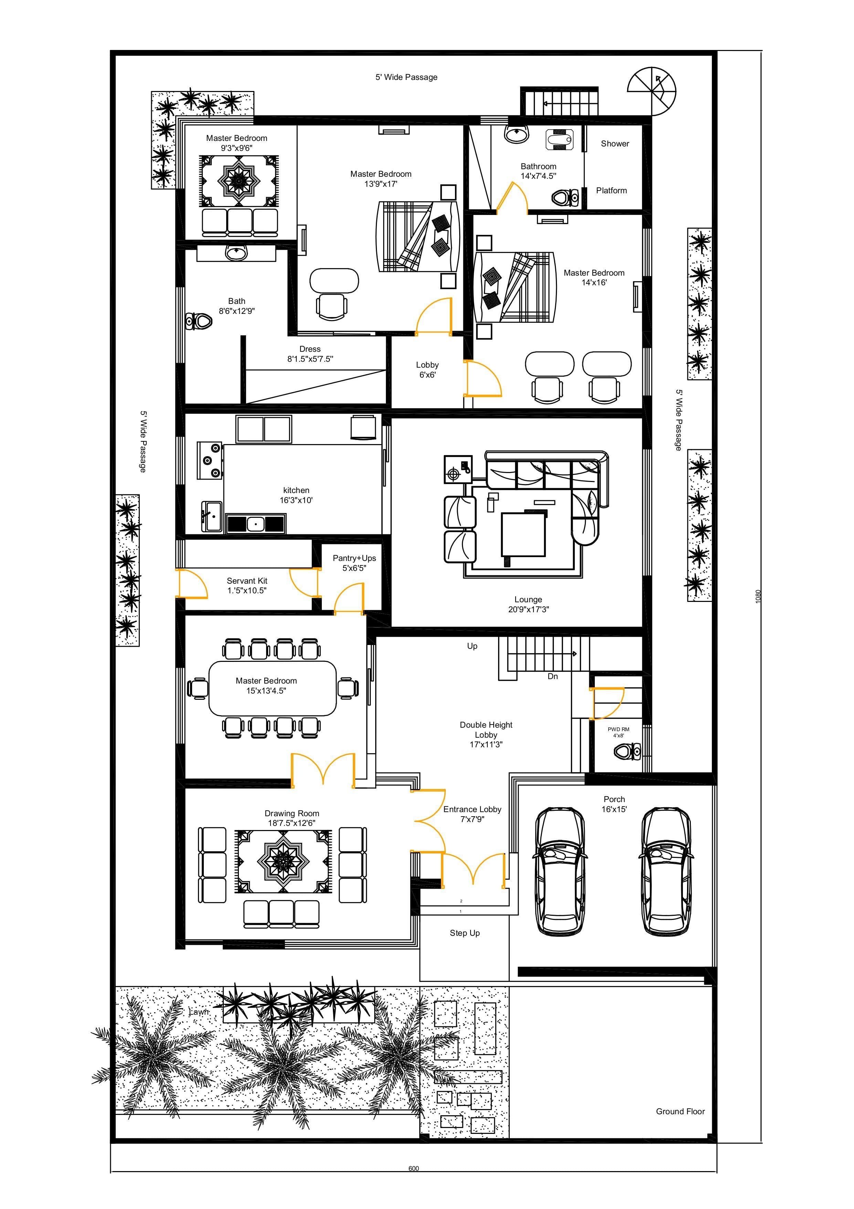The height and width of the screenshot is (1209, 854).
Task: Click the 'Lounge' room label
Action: coord(528,599)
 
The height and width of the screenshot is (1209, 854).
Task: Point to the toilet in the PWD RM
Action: coord(627,751)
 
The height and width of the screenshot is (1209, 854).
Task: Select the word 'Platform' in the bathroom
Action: coord(611,191)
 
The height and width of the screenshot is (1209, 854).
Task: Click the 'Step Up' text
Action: coord(465,933)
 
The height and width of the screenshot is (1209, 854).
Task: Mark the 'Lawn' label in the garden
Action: coord(198,1012)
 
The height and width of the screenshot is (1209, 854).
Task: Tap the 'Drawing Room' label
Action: coord(292,813)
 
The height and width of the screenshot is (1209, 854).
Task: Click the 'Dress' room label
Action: coord(310,349)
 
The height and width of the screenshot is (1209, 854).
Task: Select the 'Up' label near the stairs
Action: coord(472,646)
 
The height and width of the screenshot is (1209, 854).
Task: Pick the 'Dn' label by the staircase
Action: coord(552,676)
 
